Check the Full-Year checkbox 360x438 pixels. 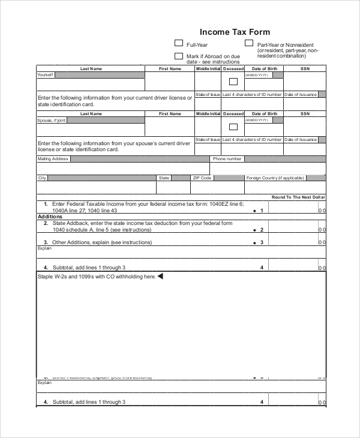click(178, 43)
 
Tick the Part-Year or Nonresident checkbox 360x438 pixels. click(248, 43)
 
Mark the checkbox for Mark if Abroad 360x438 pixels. click(178, 56)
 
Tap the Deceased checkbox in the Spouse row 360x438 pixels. click(233, 127)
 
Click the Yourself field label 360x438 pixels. click(46, 75)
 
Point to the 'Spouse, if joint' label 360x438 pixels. click(52, 120)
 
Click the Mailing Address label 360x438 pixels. click(53, 159)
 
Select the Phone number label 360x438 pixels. click(227, 159)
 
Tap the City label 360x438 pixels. click(42, 178)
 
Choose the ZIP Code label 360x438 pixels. click(202, 178)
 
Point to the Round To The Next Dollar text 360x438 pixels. click(298, 197)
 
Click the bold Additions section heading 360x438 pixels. click(50, 217)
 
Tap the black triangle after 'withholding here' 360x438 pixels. click(160, 277)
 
